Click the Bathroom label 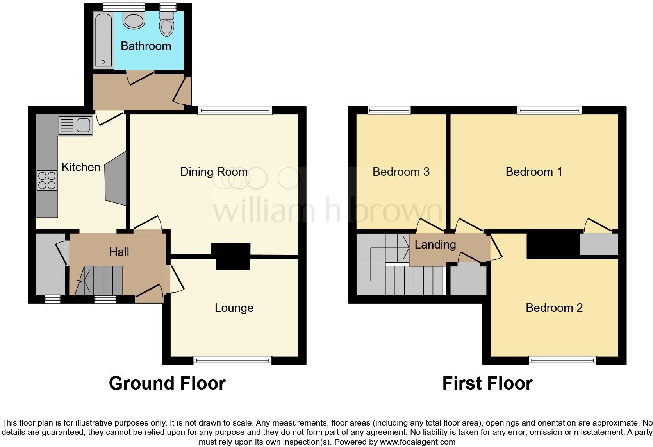146,46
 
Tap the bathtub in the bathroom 103,40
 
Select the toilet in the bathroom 167,24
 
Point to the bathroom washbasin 134,20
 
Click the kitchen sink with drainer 76,126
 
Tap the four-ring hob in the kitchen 47,181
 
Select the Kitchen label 81,167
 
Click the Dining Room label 214,172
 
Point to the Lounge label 234,308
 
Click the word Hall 119,252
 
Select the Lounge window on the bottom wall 232,360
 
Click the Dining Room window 235,111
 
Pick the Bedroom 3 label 401,172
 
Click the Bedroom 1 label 533,172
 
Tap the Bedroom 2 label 554,308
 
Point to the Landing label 435,245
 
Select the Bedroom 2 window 562,360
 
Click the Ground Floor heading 167,383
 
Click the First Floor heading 487,383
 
